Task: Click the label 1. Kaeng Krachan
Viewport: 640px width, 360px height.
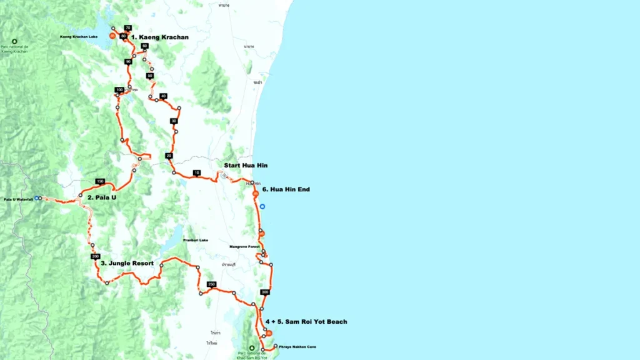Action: (x=159, y=37)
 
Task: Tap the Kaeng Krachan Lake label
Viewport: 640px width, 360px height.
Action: (x=79, y=37)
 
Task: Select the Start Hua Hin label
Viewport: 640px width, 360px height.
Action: (x=246, y=165)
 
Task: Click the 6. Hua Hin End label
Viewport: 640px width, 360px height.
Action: (x=286, y=189)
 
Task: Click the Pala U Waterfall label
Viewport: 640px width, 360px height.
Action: (x=18, y=199)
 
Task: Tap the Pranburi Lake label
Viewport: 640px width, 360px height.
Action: (x=196, y=240)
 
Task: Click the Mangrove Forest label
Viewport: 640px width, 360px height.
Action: (x=244, y=247)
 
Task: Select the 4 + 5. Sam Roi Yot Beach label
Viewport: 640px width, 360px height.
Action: (x=306, y=321)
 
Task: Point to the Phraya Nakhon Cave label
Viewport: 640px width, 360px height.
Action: (x=296, y=346)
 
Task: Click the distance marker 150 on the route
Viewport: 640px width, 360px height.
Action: (x=99, y=181)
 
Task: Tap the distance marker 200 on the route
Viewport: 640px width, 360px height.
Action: (x=95, y=257)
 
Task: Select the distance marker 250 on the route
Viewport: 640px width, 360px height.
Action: (x=211, y=284)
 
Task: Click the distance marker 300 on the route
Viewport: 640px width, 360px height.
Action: (x=265, y=292)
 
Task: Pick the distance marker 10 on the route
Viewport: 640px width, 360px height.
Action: (x=197, y=172)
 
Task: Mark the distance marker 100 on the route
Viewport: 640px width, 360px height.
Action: (x=119, y=90)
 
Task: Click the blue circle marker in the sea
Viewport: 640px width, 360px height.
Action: (x=262, y=206)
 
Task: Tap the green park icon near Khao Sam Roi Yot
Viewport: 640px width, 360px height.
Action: (x=252, y=348)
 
